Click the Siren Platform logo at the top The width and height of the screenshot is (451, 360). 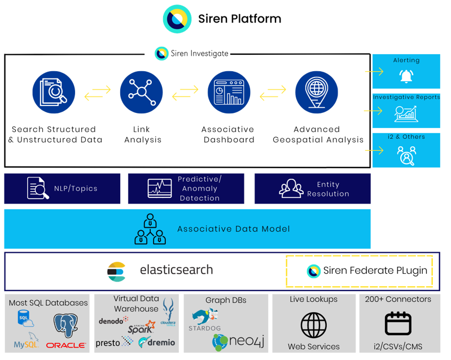click(177, 19)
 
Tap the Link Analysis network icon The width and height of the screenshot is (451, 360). click(142, 93)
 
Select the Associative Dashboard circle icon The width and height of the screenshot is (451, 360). click(229, 93)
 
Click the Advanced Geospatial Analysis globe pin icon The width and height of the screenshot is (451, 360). click(317, 93)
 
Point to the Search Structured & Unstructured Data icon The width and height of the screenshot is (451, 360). click(54, 93)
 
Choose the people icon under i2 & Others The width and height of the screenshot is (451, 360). click(406, 156)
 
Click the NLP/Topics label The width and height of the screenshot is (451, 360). click(76, 188)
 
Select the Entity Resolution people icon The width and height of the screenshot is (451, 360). click(291, 188)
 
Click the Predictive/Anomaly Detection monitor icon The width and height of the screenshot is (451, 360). click(160, 188)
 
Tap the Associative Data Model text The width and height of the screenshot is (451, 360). click(234, 229)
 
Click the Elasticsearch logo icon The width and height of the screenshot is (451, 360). click(116, 271)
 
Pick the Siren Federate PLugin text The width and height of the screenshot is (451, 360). click(375, 271)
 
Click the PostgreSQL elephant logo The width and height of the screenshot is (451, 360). click(66, 325)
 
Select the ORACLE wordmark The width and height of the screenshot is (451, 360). click(66, 345)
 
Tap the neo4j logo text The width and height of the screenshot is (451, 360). click(247, 341)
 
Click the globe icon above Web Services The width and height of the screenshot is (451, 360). click(313, 325)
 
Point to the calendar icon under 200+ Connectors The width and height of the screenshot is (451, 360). click(398, 323)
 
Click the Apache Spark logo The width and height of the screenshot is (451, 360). click(142, 327)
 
